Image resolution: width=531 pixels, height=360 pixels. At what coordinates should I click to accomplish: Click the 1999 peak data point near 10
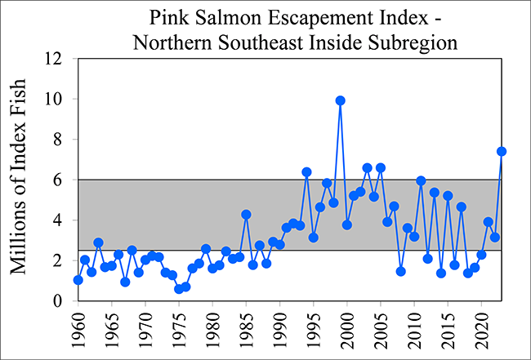click(340, 100)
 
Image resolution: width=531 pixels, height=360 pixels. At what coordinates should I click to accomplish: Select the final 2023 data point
click(502, 151)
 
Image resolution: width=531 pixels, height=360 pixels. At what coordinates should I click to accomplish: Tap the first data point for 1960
click(78, 280)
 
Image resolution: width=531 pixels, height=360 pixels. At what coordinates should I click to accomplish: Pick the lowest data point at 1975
click(179, 289)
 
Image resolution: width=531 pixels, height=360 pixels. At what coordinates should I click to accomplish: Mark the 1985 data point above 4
click(246, 215)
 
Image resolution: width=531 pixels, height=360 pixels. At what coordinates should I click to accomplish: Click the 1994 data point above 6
click(306, 172)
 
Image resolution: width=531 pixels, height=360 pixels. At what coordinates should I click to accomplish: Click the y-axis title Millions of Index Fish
click(20, 180)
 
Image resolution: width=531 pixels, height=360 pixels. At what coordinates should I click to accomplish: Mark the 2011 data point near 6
click(421, 180)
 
